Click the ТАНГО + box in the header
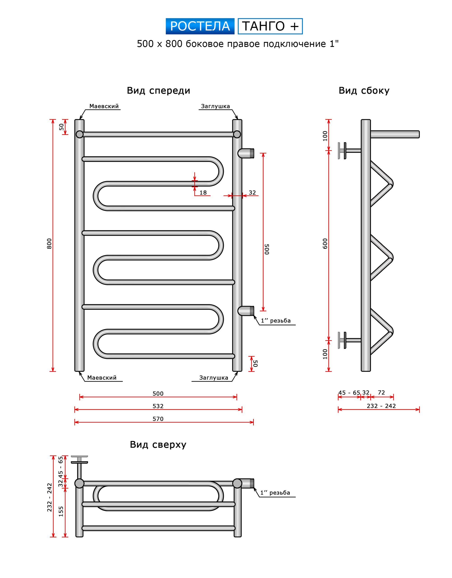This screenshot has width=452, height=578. [x=270, y=26]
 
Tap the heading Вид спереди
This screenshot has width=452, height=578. [x=158, y=91]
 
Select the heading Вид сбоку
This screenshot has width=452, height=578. [x=364, y=91]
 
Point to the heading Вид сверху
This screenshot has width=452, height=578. [x=158, y=444]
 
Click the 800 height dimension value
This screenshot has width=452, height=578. [x=49, y=243]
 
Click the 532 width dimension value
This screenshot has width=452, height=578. [x=158, y=406]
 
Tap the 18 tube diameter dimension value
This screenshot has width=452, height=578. [x=203, y=193]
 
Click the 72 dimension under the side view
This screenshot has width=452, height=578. [x=381, y=392]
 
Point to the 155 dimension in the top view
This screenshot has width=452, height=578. [x=61, y=511]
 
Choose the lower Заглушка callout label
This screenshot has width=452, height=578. [x=214, y=378]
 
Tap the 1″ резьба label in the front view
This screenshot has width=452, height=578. [x=276, y=320]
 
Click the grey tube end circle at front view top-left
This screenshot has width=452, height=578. [x=80, y=134]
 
